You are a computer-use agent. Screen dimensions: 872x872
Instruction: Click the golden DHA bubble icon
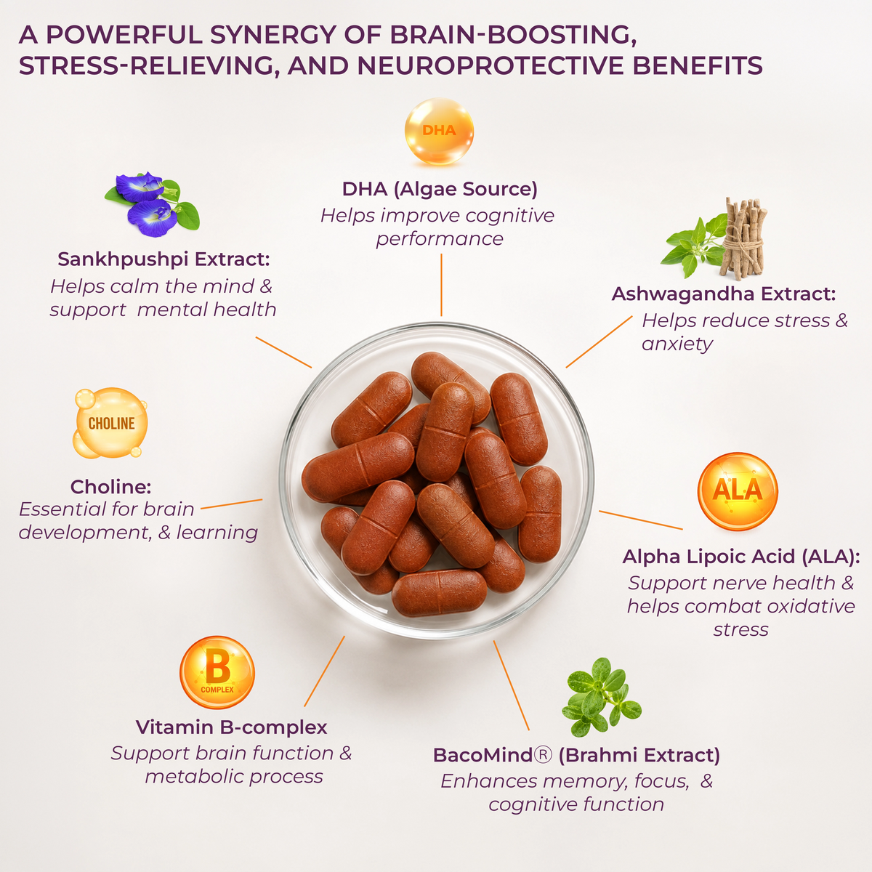point(439,132)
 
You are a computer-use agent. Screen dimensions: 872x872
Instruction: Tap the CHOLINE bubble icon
point(110,423)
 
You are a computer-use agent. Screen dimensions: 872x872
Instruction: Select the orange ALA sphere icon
point(738,491)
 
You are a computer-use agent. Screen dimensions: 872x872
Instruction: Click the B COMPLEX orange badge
point(217,672)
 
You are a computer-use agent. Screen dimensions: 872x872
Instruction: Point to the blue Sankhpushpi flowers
point(152,204)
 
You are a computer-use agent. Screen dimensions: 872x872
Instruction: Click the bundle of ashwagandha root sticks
point(742,238)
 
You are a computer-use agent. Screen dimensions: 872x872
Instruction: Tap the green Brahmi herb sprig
point(601,697)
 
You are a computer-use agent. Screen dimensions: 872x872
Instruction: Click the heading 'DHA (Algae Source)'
point(440,189)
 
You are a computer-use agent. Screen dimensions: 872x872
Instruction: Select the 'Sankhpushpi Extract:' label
point(163,259)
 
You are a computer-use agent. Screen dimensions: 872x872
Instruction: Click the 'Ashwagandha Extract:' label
point(724,294)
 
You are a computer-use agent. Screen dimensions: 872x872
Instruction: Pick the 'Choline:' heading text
point(110,487)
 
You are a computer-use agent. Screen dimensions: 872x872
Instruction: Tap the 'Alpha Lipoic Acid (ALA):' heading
point(741,557)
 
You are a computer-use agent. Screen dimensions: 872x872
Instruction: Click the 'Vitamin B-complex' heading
point(231,727)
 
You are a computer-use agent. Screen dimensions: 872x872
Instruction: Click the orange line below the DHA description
point(441,285)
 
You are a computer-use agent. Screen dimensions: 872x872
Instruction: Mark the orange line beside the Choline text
point(231,504)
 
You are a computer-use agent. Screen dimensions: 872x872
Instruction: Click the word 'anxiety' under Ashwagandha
point(677,344)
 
